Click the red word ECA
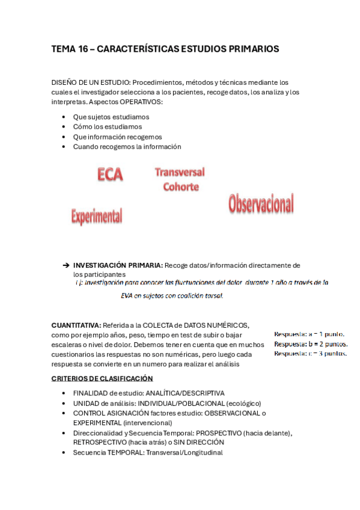(x=110, y=175)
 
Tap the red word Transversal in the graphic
(x=180, y=173)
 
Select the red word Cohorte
(x=181, y=187)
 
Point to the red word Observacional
(x=261, y=204)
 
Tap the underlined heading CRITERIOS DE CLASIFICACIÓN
(x=102, y=378)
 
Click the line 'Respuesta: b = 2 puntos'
(x=310, y=344)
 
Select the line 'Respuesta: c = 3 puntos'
(x=310, y=354)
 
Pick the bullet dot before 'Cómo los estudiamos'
(x=64, y=127)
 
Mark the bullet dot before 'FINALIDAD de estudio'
(x=64, y=393)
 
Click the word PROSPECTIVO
(x=226, y=433)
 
